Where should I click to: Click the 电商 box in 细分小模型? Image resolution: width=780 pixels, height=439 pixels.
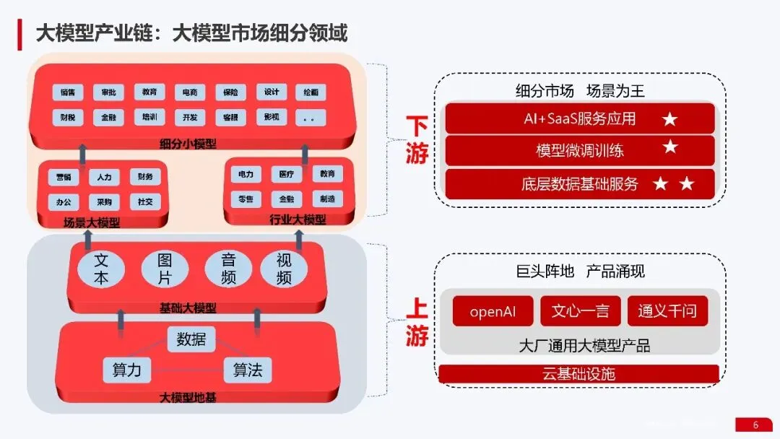point(190,92)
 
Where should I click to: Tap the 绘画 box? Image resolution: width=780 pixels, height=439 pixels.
point(311,92)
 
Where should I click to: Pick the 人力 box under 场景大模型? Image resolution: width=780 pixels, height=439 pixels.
point(105,177)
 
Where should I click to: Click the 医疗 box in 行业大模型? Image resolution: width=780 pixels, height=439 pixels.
point(287,175)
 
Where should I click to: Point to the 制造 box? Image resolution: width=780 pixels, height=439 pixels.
point(328,199)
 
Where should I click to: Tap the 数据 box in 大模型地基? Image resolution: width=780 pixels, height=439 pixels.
point(191,339)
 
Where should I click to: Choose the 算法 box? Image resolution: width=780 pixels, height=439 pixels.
point(248,370)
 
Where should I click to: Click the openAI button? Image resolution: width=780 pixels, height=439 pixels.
point(493,311)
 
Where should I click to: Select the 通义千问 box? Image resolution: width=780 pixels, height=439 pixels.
point(667,311)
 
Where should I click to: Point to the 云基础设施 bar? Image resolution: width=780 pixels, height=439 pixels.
point(578,374)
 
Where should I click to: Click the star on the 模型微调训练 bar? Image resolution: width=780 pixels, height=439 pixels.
point(670,148)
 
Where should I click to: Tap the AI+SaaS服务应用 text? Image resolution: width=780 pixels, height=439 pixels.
point(580,118)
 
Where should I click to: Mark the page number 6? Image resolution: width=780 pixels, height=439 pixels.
point(755,425)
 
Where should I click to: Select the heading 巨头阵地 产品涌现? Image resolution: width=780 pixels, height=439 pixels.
point(580,271)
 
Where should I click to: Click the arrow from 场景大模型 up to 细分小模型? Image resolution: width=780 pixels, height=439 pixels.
point(82,152)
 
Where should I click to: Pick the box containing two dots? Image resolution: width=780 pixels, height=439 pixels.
point(311,117)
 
